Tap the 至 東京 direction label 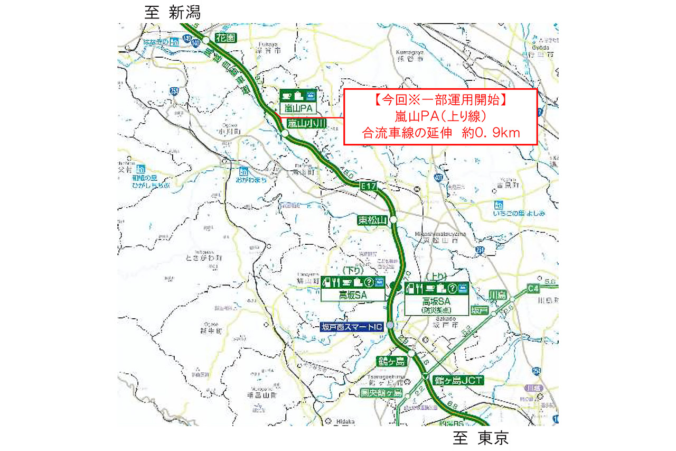click(480, 438)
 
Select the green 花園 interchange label click(226, 38)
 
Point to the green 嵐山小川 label click(307, 123)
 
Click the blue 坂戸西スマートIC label click(352, 327)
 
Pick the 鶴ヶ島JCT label click(458, 380)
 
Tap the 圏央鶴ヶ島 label click(381, 393)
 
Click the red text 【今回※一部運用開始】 click(440, 99)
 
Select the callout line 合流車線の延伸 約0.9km click(440, 133)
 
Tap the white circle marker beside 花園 click(206, 39)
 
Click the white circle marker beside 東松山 click(393, 220)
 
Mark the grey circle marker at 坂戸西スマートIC click(390, 325)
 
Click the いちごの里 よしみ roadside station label click(519, 213)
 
